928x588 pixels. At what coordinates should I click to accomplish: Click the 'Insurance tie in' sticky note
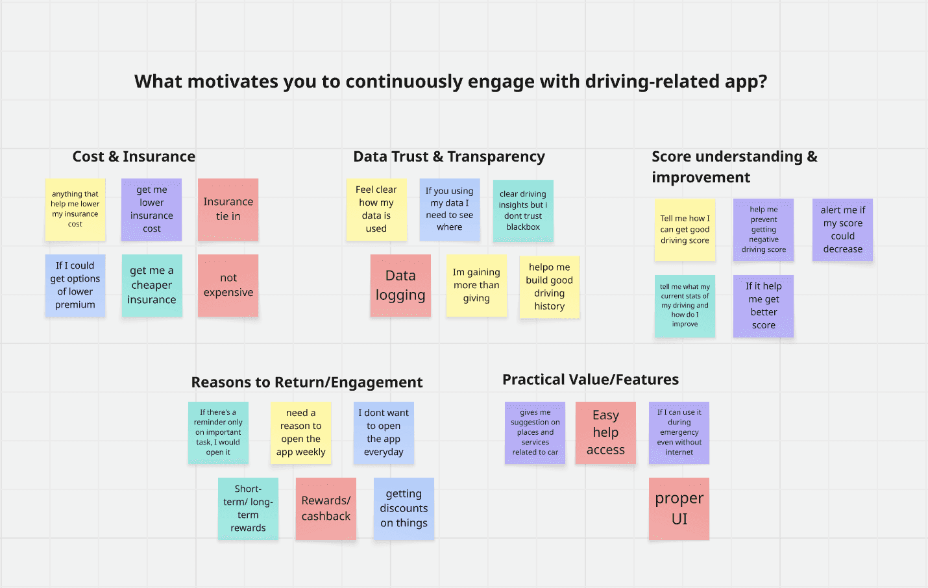click(228, 209)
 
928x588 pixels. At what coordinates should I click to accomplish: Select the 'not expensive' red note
click(228, 285)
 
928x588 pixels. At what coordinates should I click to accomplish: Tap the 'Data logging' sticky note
click(400, 285)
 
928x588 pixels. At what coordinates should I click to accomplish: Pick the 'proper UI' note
click(679, 508)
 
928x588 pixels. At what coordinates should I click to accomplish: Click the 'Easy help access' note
click(605, 432)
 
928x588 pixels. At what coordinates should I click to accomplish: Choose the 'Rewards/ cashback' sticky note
click(326, 508)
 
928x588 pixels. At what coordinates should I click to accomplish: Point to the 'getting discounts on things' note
click(404, 508)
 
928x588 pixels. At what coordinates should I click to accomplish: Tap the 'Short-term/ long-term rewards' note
click(248, 508)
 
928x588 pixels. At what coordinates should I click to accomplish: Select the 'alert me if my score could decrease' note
click(842, 230)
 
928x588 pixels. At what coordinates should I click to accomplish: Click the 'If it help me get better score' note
click(763, 306)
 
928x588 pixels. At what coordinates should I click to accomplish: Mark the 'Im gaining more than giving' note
click(476, 285)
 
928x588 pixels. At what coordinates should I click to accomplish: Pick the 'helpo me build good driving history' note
click(549, 286)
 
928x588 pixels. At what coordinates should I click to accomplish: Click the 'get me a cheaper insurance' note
click(152, 285)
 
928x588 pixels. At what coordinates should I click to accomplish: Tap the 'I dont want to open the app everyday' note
click(384, 432)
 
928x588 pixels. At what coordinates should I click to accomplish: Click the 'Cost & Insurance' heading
click(134, 156)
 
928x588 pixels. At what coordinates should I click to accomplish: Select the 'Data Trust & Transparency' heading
click(449, 156)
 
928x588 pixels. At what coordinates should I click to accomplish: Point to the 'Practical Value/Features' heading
click(591, 380)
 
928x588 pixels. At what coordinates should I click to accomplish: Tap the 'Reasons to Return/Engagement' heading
click(307, 382)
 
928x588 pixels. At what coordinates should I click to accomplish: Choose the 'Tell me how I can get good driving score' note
click(685, 230)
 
